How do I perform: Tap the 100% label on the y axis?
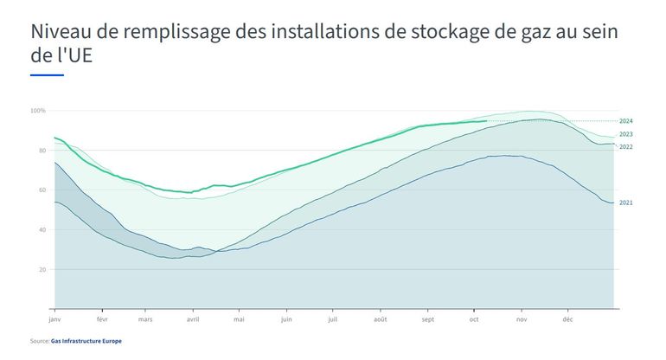38,111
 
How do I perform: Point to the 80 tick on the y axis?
40,151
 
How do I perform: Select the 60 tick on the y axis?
40,190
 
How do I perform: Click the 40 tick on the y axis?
40,230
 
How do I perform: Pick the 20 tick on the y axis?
40,270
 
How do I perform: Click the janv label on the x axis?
56,319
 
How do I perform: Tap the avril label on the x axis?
193,319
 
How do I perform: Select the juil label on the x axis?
332,319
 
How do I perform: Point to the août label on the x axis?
381,319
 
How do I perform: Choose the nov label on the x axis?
522,319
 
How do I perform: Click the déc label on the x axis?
568,319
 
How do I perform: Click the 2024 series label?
626,121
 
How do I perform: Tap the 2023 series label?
626,135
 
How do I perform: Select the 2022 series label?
626,147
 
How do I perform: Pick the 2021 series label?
626,202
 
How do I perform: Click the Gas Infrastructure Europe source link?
86,342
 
